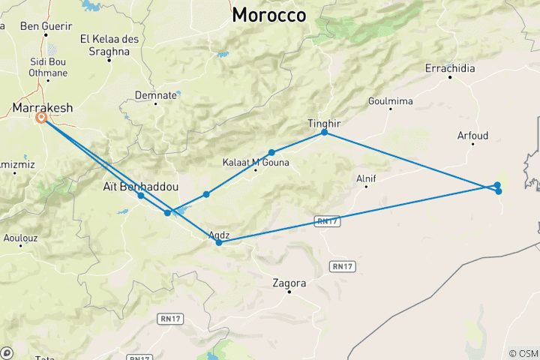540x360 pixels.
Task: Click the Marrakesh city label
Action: point(43,108)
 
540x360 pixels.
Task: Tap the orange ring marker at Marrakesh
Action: point(42,118)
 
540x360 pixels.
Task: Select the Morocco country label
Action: point(269,15)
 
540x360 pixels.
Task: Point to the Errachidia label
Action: point(450,68)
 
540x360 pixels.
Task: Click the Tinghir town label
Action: point(324,122)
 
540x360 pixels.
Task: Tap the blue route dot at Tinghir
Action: point(324,132)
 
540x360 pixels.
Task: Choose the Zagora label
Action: point(289,283)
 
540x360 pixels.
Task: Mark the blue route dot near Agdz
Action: point(218,242)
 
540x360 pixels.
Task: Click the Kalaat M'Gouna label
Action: point(256,162)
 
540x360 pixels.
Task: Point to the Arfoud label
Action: point(472,136)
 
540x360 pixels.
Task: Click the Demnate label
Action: point(156,95)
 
